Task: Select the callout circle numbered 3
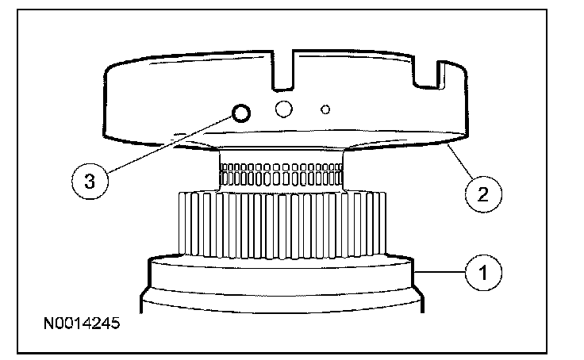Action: point(91,181)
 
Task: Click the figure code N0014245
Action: point(82,324)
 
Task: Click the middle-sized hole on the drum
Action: point(283,108)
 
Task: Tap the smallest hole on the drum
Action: point(325,108)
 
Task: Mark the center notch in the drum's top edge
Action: point(283,70)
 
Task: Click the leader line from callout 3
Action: point(167,147)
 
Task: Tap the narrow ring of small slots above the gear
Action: point(281,173)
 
